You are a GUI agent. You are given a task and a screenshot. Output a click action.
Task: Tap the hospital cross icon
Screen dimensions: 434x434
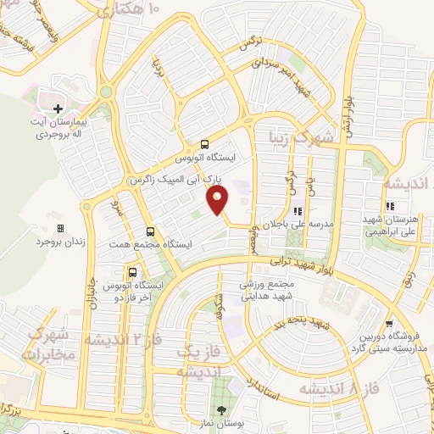point(58,108)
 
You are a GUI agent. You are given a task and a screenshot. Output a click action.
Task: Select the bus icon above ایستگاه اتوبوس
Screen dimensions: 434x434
point(204,144)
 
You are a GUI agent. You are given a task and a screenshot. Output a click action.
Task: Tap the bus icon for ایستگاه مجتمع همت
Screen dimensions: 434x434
point(150,231)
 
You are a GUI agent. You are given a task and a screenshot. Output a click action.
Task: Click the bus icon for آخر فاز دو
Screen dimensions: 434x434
point(131,272)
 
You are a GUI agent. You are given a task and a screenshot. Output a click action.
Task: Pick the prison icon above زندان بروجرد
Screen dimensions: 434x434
point(60,228)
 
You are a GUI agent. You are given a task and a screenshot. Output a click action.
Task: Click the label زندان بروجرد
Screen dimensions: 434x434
point(61,242)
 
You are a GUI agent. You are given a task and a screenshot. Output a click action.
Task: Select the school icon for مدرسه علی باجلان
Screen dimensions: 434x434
point(297,212)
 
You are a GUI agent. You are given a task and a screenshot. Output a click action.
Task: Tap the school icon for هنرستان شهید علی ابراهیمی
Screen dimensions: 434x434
point(390,206)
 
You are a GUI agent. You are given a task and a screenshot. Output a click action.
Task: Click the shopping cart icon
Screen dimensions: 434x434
point(388,323)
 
